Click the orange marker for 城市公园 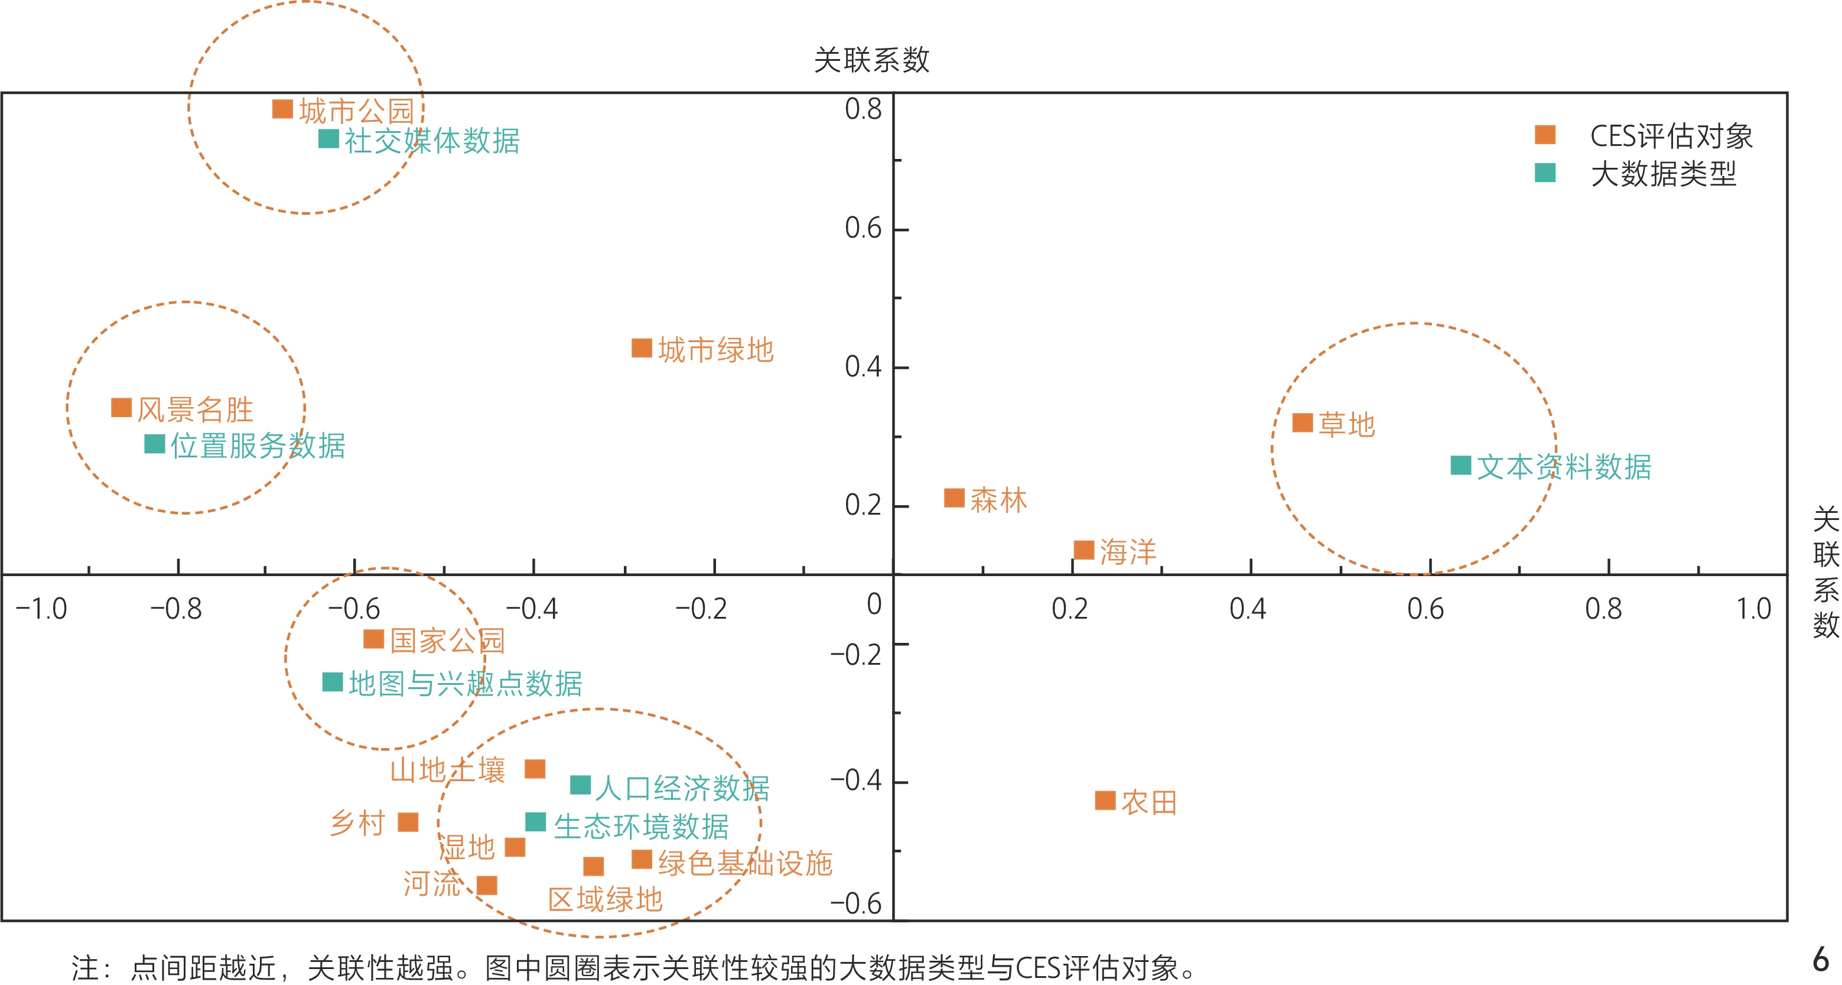282,109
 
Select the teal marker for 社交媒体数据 328,139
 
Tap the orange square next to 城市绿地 642,349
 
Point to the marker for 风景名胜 122,408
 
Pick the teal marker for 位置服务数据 154,444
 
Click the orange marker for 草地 1302,422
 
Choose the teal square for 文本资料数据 1460,466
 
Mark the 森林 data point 954,498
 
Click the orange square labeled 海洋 1084,550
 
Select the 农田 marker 1105,801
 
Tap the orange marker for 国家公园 373,639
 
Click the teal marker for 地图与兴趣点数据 333,682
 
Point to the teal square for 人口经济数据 580,785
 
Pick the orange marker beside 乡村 408,823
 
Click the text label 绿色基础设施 745,863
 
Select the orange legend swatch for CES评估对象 1545,135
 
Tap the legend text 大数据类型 1663,174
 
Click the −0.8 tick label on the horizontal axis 176,609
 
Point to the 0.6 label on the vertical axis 863,228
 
